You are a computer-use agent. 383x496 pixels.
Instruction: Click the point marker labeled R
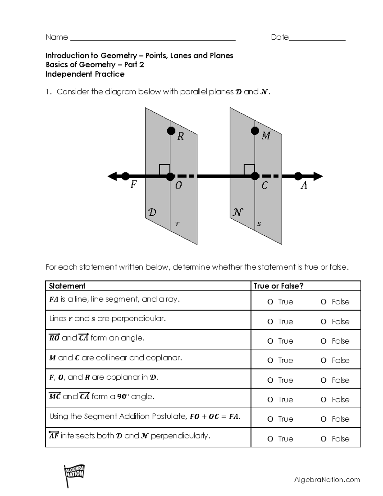point(171,131)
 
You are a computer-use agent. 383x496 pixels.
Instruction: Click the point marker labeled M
point(255,131)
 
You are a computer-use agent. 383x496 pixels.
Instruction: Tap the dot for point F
point(125,176)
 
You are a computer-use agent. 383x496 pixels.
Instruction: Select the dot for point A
point(298,176)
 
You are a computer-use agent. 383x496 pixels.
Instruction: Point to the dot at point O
point(170,176)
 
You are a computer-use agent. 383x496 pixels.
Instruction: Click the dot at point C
point(255,176)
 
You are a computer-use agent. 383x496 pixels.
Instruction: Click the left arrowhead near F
point(112,176)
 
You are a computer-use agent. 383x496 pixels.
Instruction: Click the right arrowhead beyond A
point(318,176)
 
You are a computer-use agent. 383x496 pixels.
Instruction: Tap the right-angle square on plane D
point(164,170)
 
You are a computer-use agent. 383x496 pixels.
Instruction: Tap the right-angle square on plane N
point(249,170)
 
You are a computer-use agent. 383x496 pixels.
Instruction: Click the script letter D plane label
point(152,212)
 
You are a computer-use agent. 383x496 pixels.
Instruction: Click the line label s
point(259,224)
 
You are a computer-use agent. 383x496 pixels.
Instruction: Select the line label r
point(177,224)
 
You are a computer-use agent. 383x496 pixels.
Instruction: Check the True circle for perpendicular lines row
point(270,322)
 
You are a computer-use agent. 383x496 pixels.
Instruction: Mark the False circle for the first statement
point(323,302)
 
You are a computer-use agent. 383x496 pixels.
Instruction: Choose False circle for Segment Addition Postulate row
point(323,419)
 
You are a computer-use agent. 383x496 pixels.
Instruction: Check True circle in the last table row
point(270,439)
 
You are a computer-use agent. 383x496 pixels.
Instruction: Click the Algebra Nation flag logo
point(74,474)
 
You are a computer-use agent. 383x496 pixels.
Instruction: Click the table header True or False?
point(278,286)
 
